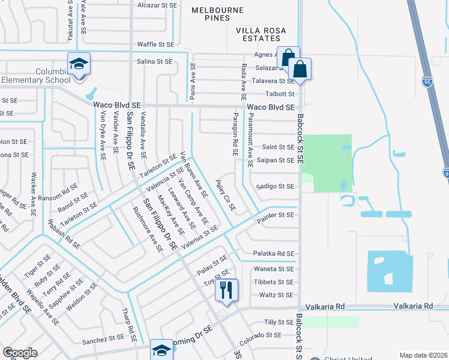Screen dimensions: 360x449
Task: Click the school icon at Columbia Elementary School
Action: pyautogui.click(x=78, y=64)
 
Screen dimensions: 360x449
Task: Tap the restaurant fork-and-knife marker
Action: pyautogui.click(x=226, y=290)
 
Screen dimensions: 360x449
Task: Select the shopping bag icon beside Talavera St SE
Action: pyautogui.click(x=300, y=69)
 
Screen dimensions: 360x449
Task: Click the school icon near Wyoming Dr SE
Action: pyautogui.click(x=161, y=350)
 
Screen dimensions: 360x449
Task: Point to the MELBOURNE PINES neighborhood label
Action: pyautogui.click(x=217, y=14)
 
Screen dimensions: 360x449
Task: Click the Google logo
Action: pyautogui.click(x=20, y=353)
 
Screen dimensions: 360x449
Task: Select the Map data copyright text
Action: pyautogui.click(x=424, y=355)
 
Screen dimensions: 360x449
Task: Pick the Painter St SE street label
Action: pyautogui.click(x=275, y=214)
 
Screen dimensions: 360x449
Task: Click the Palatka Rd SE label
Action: pyautogui.click(x=273, y=254)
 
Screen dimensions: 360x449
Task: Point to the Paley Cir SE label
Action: pyautogui.click(x=226, y=196)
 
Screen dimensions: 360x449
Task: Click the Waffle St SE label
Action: pyautogui.click(x=155, y=44)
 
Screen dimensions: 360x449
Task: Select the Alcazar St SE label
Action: pyautogui.click(x=158, y=5)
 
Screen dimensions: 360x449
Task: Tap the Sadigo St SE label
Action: pyautogui.click(x=274, y=187)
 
